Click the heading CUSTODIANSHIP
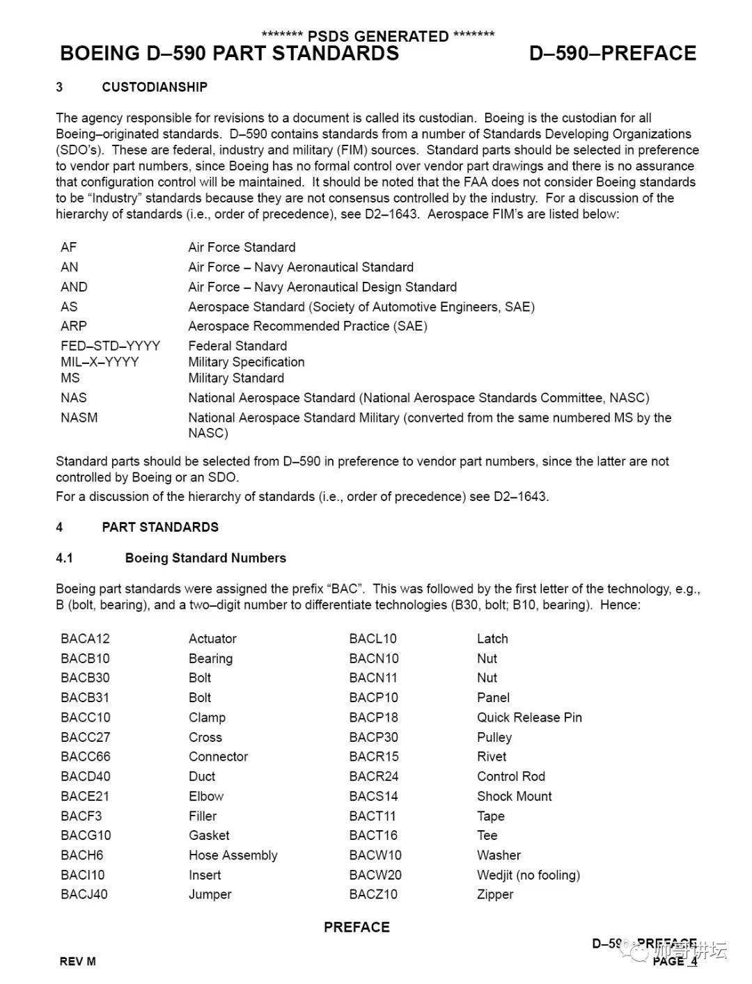[x=154, y=87]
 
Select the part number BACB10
[x=85, y=658]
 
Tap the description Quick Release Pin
[x=529, y=717]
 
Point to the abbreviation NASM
[x=79, y=418]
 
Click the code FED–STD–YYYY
[x=110, y=346]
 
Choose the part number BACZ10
[x=373, y=894]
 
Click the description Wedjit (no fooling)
[x=528, y=875]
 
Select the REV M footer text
[x=77, y=962]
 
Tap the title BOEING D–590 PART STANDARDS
[x=230, y=54]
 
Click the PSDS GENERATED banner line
[x=377, y=36]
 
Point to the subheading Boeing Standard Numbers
[x=205, y=558]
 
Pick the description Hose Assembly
[x=233, y=855]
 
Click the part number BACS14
[x=373, y=796]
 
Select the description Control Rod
[x=510, y=777]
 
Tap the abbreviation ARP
[x=73, y=326]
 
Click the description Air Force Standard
[x=242, y=247]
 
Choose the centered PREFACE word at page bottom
[x=357, y=927]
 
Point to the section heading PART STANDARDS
[x=160, y=527]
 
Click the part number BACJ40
[x=84, y=894]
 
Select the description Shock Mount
[x=514, y=796]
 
